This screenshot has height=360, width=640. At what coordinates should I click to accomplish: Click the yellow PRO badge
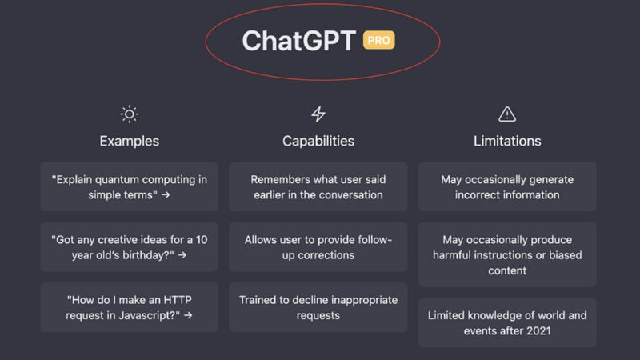[378, 40]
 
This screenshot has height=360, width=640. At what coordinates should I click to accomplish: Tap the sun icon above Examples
[129, 114]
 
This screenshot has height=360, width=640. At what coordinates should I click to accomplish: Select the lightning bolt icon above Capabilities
[318, 114]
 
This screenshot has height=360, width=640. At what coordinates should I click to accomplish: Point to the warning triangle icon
[507, 114]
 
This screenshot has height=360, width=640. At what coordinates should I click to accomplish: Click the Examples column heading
[129, 141]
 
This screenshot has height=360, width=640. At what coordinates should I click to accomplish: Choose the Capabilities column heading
[318, 141]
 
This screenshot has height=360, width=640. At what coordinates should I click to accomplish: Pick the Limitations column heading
[507, 141]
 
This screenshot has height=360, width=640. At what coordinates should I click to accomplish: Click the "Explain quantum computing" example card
[129, 186]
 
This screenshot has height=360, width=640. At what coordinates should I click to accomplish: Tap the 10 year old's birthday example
[129, 247]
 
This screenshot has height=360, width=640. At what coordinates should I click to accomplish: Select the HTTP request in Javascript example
[129, 308]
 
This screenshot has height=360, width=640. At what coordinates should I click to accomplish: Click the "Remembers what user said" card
[318, 186]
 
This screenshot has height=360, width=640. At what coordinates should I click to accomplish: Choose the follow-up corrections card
[318, 247]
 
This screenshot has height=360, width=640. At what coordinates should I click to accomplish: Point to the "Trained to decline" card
[318, 308]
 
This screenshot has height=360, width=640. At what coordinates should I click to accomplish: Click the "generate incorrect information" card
[507, 186]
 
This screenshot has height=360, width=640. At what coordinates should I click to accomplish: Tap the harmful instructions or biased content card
[507, 255]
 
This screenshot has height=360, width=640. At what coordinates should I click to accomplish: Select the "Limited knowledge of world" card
[507, 322]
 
